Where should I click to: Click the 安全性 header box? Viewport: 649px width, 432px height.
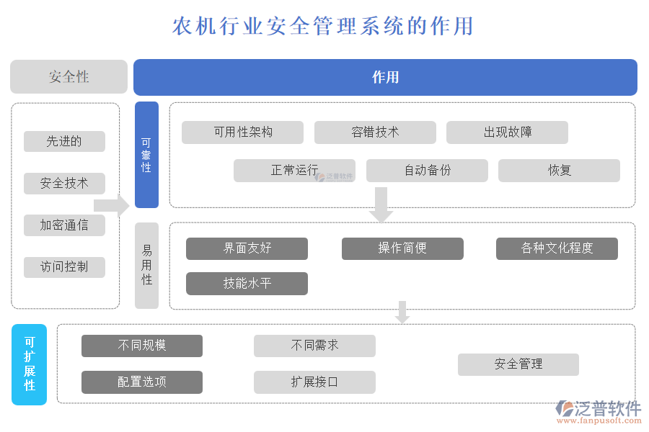click(69, 77)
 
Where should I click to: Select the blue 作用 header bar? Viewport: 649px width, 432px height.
click(385, 77)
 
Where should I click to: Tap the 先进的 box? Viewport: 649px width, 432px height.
click(64, 142)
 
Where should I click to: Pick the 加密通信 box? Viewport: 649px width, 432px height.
click(64, 225)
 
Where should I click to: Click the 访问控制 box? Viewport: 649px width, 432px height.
click(64, 267)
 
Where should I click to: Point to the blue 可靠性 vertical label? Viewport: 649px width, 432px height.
click(146, 155)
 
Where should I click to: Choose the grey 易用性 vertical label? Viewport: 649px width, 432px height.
click(146, 265)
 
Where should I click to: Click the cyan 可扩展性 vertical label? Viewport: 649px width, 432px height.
click(30, 364)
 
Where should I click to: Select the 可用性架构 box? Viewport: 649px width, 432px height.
click(242, 132)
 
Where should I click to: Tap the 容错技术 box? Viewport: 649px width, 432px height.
click(375, 132)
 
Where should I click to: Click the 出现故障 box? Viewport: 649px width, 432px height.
click(507, 132)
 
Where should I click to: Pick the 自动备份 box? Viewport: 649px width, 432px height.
click(427, 171)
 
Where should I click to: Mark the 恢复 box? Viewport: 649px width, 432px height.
click(559, 171)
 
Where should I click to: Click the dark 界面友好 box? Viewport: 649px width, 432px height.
click(247, 248)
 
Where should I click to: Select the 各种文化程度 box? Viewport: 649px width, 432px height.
click(557, 248)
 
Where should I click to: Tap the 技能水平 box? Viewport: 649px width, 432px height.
click(247, 284)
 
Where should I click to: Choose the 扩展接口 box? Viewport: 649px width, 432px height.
click(314, 382)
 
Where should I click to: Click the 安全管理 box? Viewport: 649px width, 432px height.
click(518, 364)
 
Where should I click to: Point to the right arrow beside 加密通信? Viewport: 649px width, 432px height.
click(111, 206)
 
